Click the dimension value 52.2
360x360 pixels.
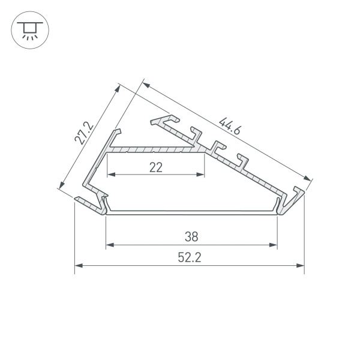coord(189,257)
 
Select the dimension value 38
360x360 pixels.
coord(191,236)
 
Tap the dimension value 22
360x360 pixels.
coord(155,167)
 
